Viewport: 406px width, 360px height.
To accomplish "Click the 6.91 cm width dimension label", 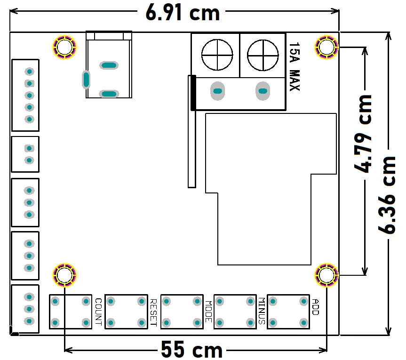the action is [183, 12].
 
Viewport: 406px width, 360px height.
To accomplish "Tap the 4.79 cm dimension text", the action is [363, 134].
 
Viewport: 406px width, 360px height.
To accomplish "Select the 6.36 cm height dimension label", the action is [387, 195].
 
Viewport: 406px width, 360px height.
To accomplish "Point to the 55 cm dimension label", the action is [191, 349].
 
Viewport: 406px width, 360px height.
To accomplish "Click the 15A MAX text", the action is [295, 66].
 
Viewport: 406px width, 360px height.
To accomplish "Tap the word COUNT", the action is [98, 312].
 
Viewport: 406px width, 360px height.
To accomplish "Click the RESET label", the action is [153, 312].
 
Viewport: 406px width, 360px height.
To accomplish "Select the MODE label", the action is [208, 312].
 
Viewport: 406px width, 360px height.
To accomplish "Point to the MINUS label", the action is [262, 311].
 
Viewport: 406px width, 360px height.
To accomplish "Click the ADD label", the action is [315, 307].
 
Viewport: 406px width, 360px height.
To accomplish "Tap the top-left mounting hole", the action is [64, 47].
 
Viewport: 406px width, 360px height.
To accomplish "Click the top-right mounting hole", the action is [326, 47].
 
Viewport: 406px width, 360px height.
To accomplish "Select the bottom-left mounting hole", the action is [64, 275].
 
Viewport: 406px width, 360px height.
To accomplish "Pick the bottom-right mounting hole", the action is [326, 275].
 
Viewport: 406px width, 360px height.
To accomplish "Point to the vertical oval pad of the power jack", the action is [86, 80].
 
